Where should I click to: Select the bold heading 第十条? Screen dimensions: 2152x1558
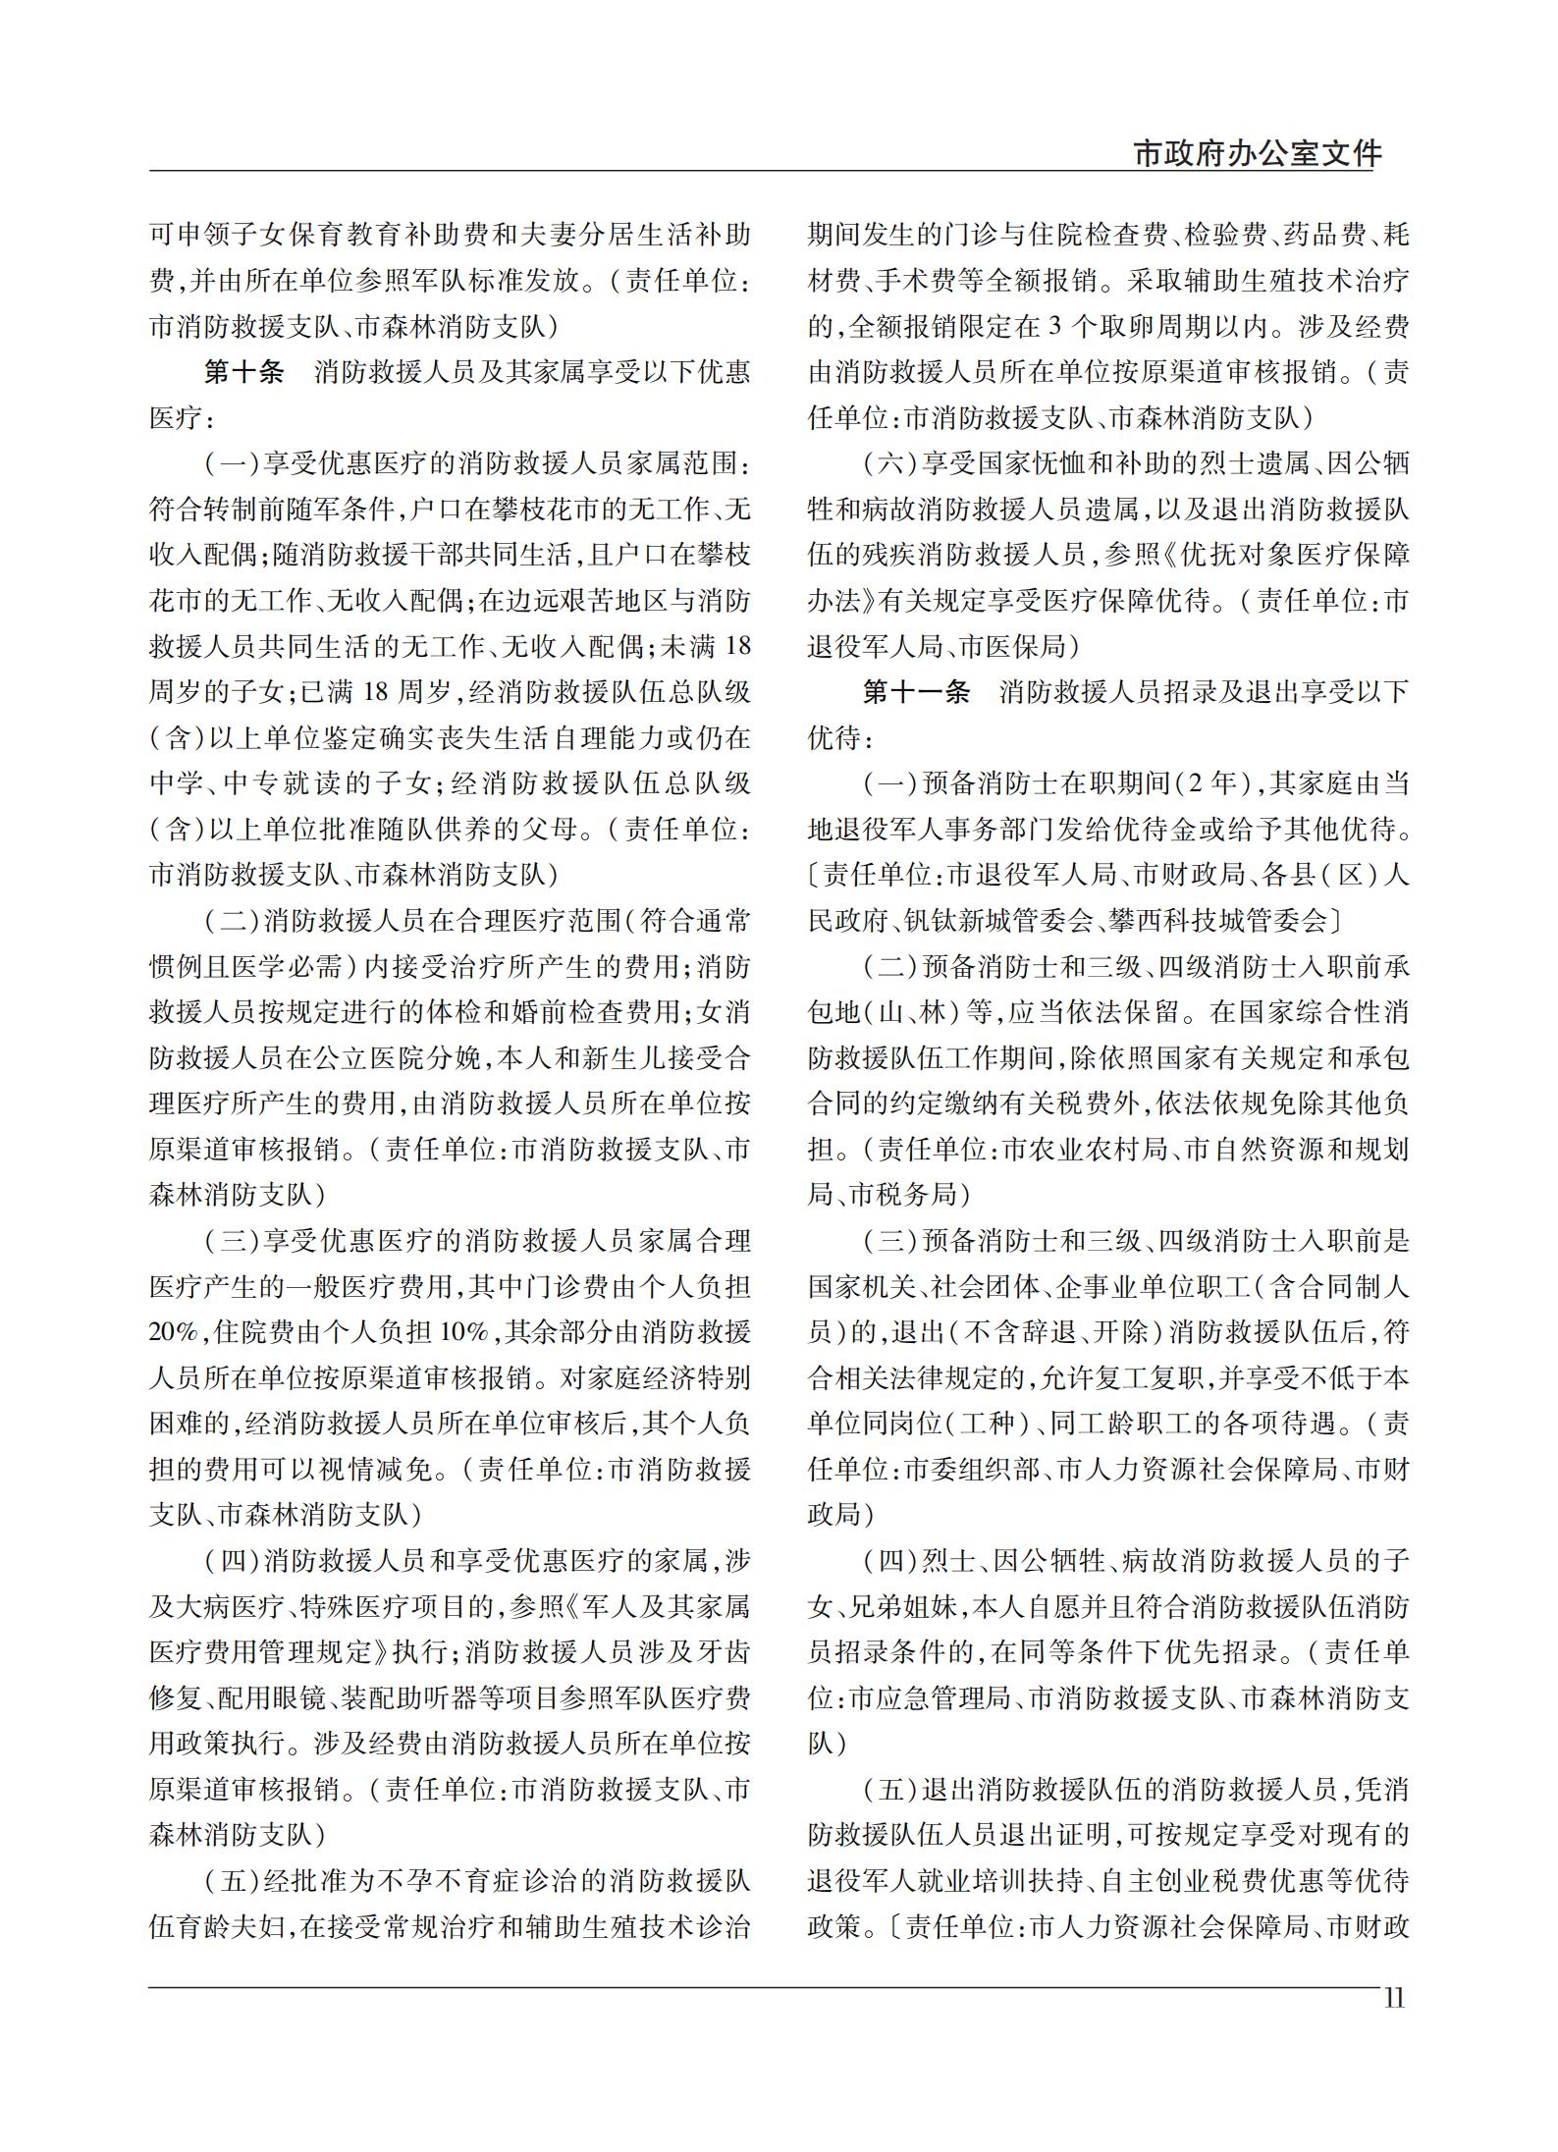click(243, 372)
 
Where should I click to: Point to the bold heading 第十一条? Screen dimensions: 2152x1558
click(915, 692)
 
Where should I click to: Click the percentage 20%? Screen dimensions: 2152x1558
click(172, 1332)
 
